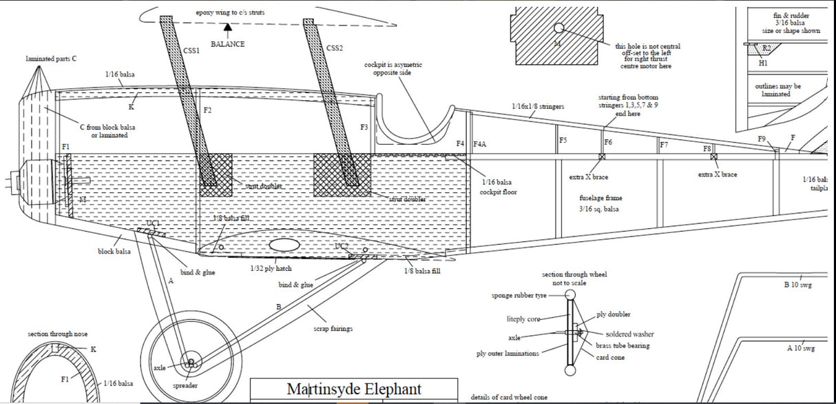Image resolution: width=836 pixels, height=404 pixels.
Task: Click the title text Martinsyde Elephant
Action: [353, 389]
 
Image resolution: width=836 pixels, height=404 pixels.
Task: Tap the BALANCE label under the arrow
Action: [228, 44]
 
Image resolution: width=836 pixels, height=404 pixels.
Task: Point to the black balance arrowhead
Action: [228, 26]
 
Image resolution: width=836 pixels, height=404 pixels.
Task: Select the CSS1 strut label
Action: [191, 50]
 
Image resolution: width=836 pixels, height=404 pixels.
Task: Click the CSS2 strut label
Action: [335, 48]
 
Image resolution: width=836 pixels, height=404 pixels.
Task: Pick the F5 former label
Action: [563, 141]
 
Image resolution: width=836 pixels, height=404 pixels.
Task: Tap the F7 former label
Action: [664, 145]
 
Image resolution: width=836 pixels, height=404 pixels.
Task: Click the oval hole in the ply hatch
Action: [284, 245]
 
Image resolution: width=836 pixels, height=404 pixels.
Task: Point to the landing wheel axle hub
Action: [189, 362]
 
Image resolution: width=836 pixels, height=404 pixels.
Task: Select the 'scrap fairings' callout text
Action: [333, 329]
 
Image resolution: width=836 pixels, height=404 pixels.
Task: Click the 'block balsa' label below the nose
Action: [114, 252]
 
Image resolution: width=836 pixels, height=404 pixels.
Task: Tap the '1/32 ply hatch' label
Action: [271, 268]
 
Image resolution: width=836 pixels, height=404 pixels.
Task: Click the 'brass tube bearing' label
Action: [623, 345]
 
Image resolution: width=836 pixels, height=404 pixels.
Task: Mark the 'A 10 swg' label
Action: [801, 348]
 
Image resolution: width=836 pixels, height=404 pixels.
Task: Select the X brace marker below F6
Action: [603, 157]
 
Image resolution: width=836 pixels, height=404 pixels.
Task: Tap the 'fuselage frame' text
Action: [600, 198]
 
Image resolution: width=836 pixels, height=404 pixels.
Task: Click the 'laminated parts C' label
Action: [51, 59]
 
